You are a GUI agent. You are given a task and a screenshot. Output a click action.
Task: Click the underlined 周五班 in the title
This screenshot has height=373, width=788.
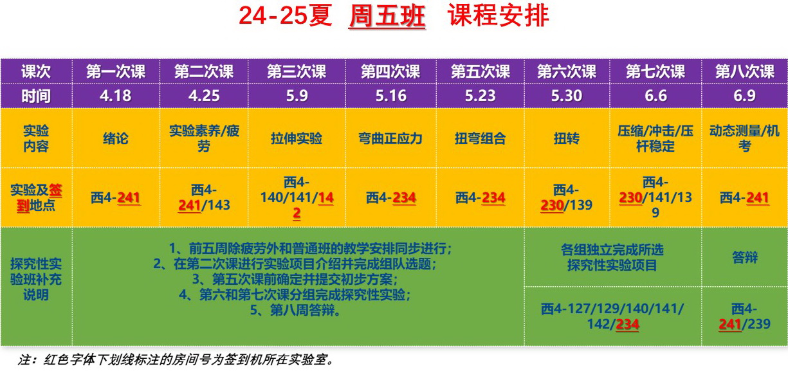387,16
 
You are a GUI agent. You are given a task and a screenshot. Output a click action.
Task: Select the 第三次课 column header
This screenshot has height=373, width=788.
297,72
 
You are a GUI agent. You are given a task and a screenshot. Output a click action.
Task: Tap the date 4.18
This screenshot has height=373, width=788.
115,96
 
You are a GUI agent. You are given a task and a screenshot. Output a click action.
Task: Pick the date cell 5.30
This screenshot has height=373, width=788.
566,96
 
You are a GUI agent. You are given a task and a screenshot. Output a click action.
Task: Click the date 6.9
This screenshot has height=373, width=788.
744,96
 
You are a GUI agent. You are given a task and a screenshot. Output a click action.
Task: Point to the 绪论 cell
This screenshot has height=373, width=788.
115,138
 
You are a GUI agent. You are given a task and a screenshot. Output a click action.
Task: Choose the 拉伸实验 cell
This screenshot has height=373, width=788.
297,138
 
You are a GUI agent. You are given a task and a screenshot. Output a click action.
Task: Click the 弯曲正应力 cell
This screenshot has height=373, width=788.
390,138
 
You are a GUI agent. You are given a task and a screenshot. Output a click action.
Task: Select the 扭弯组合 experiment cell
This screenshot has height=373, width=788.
480,138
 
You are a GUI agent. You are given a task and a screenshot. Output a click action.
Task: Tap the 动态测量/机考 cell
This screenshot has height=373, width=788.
744,138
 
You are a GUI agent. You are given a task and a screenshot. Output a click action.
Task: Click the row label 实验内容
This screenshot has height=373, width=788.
36,138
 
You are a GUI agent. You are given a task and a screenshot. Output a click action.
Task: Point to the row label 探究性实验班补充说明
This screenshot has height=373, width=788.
36,279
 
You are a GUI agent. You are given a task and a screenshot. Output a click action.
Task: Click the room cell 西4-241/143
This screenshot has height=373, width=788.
204,197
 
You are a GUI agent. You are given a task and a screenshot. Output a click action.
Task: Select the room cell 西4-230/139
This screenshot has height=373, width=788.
566,197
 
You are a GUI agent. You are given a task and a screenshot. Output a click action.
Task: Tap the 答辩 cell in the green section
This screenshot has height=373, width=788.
744,257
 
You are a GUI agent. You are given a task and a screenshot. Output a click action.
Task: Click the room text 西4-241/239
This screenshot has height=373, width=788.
744,316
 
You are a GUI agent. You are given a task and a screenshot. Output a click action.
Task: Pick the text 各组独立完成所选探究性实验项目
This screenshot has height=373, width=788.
612,257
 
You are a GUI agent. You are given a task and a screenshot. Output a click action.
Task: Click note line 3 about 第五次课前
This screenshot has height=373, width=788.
295,279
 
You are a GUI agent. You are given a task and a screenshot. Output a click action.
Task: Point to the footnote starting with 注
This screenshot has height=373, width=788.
175,359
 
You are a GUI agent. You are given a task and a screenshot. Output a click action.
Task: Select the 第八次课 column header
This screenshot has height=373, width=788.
744,72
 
